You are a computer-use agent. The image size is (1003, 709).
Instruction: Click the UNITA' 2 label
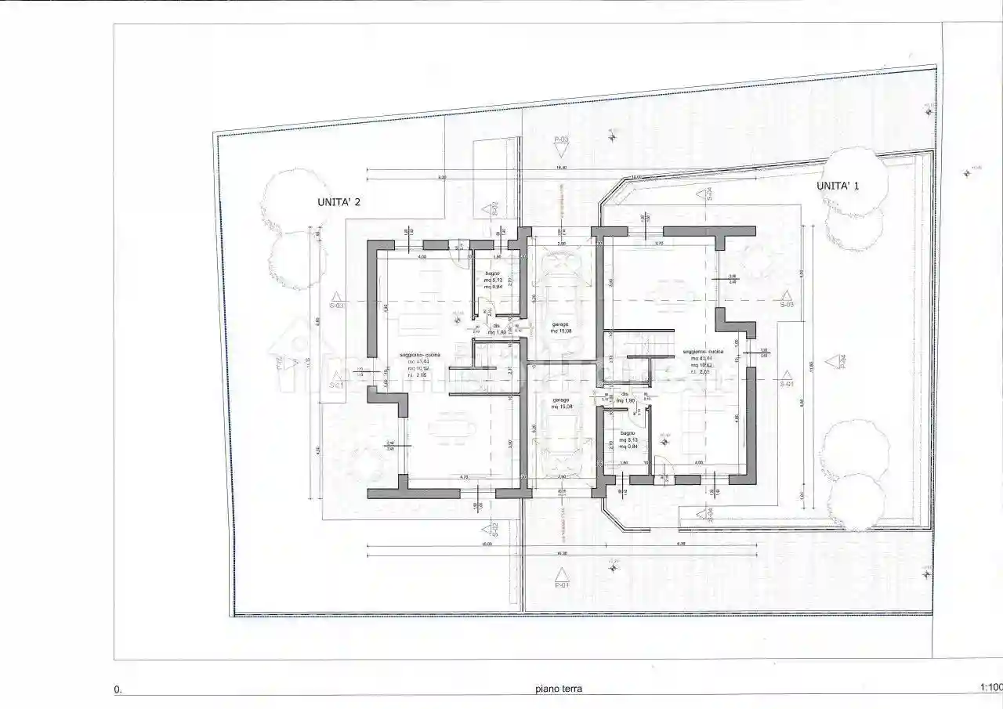click(x=339, y=202)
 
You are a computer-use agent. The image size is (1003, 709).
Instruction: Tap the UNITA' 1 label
click(x=838, y=186)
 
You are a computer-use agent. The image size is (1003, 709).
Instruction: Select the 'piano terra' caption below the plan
click(x=559, y=689)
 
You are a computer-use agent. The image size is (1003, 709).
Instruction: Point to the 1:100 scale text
click(x=990, y=688)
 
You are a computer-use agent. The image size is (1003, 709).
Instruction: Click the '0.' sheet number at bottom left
click(x=118, y=690)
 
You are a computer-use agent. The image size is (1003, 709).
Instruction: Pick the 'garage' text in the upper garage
click(x=559, y=324)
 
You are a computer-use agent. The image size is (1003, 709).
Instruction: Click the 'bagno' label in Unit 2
click(x=492, y=273)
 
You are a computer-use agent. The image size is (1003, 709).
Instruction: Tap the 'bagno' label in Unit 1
click(x=627, y=433)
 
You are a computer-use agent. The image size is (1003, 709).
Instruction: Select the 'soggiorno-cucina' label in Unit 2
click(x=420, y=355)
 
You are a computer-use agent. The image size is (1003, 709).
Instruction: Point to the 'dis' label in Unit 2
click(x=495, y=326)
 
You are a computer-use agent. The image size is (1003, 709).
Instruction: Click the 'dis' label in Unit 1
click(x=625, y=394)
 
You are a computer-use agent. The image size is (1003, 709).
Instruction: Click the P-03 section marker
click(x=561, y=140)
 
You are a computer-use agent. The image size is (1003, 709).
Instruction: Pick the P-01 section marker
click(x=561, y=584)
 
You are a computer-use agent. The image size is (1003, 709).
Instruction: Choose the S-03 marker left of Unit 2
click(x=337, y=304)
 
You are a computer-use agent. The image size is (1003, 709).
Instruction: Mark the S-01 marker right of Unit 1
click(x=787, y=383)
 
